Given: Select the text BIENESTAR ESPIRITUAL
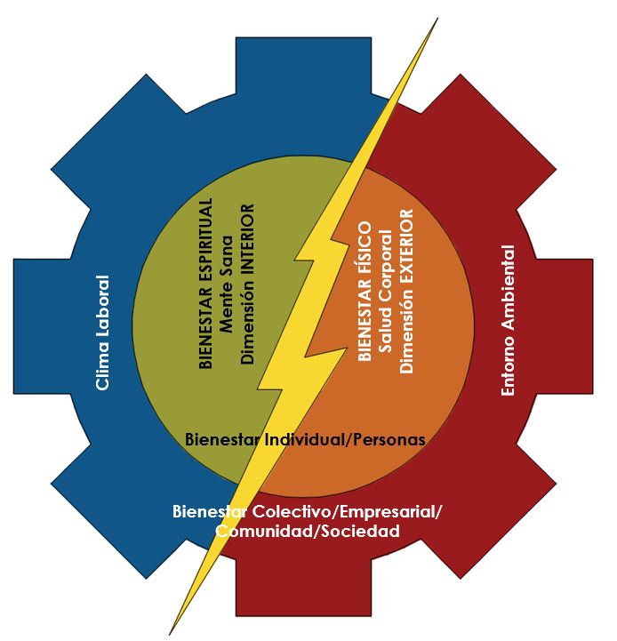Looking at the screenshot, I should [206, 283].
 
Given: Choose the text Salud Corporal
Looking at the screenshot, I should [385, 292].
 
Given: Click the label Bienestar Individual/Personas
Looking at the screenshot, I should [305, 439].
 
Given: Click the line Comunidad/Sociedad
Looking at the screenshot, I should [307, 531].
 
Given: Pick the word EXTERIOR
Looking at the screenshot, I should [406, 247].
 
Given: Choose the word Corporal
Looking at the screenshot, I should [385, 267].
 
